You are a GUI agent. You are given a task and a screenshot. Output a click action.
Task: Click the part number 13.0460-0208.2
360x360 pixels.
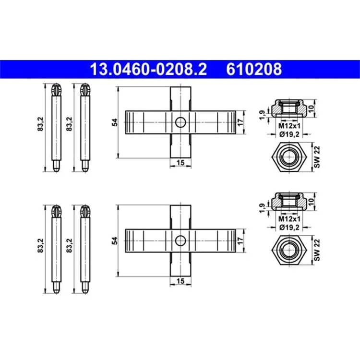[x=148, y=69]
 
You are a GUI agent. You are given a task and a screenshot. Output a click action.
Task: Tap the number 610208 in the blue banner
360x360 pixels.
[x=254, y=69]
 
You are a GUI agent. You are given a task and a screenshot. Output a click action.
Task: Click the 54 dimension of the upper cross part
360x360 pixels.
[x=115, y=122]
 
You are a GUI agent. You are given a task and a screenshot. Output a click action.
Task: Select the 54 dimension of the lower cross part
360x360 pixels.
[x=115, y=240]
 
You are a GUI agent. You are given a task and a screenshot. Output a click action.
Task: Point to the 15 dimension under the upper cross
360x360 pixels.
[x=180, y=163]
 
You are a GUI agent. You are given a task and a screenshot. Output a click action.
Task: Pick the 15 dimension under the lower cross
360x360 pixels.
[x=180, y=281]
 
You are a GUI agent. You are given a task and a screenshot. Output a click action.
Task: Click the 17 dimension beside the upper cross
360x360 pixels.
[x=240, y=122]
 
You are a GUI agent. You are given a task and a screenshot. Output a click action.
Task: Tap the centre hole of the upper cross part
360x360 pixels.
[x=180, y=122]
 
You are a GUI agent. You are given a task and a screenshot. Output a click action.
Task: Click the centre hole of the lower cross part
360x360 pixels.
[x=180, y=241]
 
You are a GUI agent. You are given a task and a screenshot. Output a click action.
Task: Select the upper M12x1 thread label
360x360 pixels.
[x=289, y=126]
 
